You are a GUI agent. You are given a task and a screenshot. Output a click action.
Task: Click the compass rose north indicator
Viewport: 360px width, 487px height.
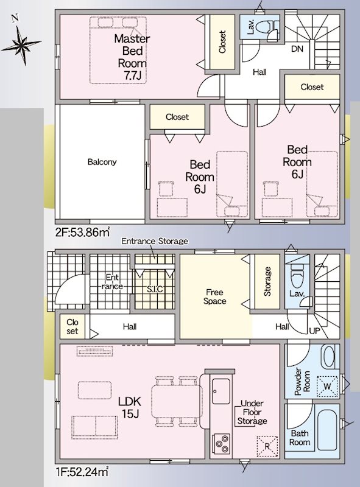click(21, 43)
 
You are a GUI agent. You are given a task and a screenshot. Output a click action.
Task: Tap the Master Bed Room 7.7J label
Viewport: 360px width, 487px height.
click(132, 57)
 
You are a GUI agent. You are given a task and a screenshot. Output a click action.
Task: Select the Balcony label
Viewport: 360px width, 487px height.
click(102, 162)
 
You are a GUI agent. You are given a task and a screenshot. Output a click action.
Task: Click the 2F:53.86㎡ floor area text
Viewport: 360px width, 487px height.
click(82, 232)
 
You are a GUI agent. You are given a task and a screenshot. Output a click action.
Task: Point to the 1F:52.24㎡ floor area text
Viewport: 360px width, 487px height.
click(82, 472)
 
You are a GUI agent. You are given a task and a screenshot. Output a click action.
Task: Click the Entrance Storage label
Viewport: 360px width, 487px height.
click(155, 241)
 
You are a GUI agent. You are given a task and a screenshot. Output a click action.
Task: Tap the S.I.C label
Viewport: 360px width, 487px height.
click(155, 289)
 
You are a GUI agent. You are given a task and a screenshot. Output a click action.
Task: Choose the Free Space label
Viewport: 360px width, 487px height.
click(214, 296)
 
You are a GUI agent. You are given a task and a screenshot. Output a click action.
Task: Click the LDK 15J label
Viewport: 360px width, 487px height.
click(130, 407)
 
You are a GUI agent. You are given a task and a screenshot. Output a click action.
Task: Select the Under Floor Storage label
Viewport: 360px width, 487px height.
click(252, 412)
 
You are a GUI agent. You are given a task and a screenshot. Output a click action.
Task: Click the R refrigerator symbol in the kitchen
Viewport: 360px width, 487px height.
click(267, 446)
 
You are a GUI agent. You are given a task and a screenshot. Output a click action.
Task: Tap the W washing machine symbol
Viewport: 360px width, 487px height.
click(327, 387)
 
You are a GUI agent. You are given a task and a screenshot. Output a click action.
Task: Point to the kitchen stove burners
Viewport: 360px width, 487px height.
click(221, 443)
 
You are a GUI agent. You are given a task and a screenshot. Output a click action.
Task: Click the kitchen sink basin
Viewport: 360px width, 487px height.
click(221, 391)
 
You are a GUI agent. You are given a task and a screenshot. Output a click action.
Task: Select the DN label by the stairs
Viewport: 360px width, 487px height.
click(297, 49)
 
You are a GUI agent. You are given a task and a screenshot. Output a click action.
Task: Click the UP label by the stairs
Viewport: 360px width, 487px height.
click(314, 331)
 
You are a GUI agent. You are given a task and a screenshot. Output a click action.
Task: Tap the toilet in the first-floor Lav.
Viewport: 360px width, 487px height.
click(297, 276)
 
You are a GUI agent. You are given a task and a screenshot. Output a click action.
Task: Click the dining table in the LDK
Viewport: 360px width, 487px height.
click(176, 401)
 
